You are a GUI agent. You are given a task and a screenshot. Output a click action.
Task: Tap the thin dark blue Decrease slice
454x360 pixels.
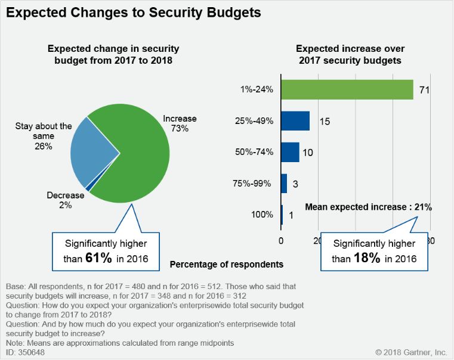click(88, 188)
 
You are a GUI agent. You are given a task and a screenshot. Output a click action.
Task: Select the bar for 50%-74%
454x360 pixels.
click(290, 152)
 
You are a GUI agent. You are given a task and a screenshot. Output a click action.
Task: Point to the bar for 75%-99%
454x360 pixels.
click(284, 183)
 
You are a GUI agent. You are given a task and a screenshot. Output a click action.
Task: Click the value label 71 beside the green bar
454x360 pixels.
click(425, 90)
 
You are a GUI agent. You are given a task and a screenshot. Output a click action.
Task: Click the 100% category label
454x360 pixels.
click(262, 215)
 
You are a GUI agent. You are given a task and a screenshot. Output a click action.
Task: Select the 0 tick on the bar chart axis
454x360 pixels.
click(282, 241)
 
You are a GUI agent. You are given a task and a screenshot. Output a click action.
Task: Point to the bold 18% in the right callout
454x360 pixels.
click(369, 258)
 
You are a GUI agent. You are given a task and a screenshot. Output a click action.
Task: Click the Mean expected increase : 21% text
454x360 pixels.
click(369, 207)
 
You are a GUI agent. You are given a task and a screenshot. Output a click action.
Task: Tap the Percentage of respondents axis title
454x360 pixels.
click(227, 263)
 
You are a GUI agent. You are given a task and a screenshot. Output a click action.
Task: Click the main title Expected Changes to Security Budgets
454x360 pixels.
click(134, 13)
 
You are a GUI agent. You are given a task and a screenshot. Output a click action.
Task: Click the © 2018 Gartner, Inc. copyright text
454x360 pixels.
click(411, 352)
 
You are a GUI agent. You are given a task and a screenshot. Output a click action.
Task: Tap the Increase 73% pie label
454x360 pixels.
click(180, 123)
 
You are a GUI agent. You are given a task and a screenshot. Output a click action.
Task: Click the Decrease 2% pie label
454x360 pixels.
click(65, 200)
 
